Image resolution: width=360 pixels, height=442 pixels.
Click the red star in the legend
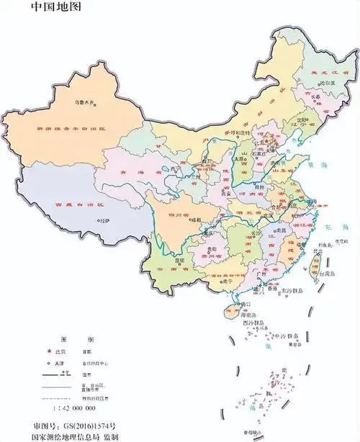coord(49,352)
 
